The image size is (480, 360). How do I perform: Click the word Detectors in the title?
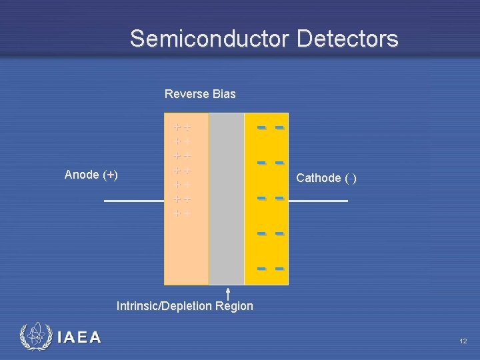pyautogui.click(x=347, y=39)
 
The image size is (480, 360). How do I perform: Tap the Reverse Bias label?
pyautogui.click(x=200, y=94)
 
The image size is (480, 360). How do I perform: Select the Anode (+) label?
pyautogui.click(x=91, y=175)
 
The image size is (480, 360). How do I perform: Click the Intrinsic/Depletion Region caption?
pyautogui.click(x=185, y=306)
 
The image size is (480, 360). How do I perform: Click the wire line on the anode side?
pyautogui.click(x=134, y=201)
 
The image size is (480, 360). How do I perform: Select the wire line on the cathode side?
pyautogui.click(x=318, y=201)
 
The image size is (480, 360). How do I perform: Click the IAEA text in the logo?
pyautogui.click(x=79, y=337)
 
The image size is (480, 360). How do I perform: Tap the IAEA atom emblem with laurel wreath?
pyautogui.click(x=34, y=337)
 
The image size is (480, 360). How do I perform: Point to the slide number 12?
pyautogui.click(x=463, y=341)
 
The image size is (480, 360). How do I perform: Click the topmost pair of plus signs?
pyautogui.click(x=182, y=127)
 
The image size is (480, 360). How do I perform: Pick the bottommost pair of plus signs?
pyautogui.click(x=182, y=213)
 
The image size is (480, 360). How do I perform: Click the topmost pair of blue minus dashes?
pyautogui.click(x=271, y=127)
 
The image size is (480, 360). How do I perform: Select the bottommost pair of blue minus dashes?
pyautogui.click(x=271, y=268)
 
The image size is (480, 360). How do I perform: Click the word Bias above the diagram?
pyautogui.click(x=224, y=94)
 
